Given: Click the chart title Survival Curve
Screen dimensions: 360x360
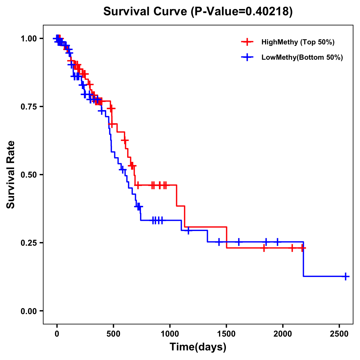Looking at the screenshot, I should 198,11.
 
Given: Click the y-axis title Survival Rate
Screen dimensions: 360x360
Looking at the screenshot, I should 11,175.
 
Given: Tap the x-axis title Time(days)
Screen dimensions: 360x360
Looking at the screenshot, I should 198,347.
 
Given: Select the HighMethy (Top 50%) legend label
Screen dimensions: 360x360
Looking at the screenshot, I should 298,42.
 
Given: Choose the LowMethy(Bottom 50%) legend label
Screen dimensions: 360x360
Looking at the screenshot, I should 302,58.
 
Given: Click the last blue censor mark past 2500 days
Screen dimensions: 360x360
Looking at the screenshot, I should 346,276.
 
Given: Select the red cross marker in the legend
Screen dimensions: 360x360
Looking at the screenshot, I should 247,42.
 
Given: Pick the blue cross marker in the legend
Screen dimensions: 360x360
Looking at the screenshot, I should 247,58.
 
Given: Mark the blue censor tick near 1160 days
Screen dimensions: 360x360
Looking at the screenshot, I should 188,230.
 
